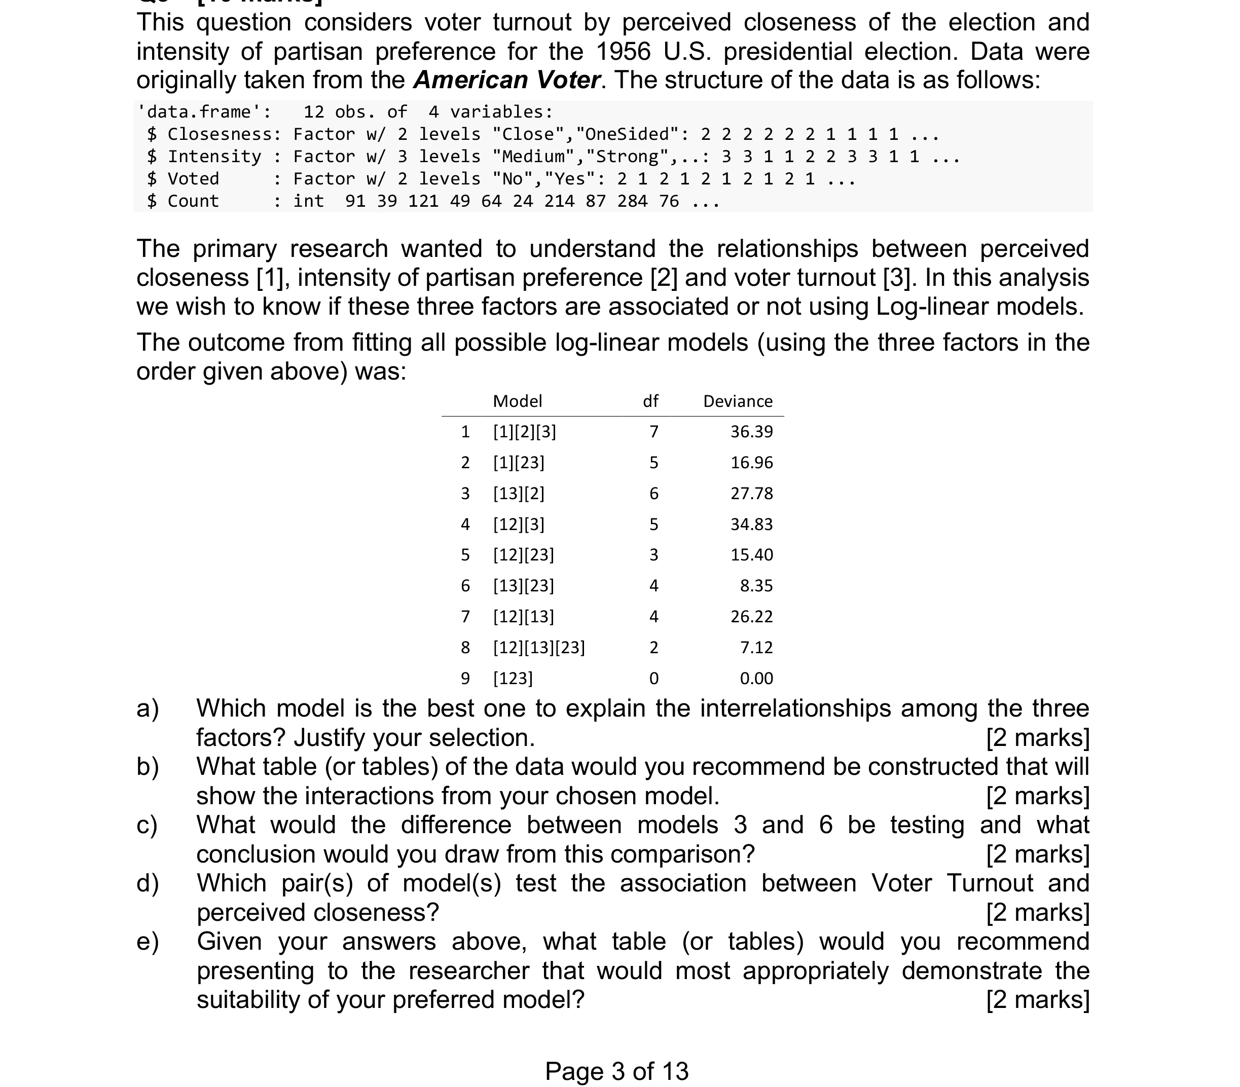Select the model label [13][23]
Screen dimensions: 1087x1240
524,586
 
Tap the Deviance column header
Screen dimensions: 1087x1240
738,401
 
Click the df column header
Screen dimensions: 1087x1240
650,401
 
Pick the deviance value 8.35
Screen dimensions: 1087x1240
756,586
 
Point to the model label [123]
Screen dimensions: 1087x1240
513,678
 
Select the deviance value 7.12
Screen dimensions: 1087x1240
756,648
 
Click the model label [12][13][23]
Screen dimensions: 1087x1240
539,648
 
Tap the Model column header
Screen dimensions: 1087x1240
518,401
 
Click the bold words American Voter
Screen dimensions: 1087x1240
507,80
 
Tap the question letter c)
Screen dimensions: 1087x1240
148,826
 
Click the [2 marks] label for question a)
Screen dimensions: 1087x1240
1037,738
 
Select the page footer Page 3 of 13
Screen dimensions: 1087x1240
616,1071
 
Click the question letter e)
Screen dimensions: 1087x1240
148,942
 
